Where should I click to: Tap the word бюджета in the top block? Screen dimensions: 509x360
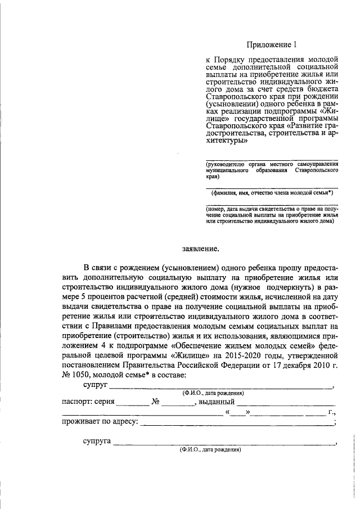(x=320, y=89)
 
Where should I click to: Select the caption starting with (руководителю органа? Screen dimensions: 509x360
(x=272, y=169)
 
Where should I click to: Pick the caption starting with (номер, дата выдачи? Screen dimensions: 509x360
(x=272, y=215)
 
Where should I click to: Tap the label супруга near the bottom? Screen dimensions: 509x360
(x=97, y=443)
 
